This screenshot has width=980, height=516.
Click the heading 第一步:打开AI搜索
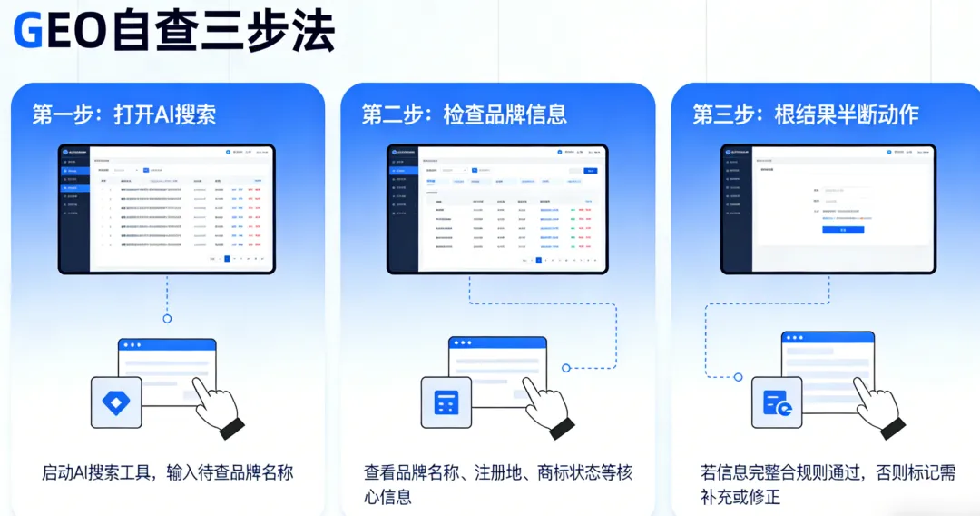[124, 114]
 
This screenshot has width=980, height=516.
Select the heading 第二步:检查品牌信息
[464, 114]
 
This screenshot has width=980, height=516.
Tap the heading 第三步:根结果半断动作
[806, 114]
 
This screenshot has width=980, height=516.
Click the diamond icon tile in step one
[116, 402]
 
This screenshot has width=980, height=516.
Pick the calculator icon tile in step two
[446, 402]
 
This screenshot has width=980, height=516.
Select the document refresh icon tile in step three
[777, 402]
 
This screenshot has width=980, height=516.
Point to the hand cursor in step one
[217, 403]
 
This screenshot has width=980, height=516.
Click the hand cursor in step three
[877, 403]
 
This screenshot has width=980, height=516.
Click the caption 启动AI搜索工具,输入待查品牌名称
[168, 473]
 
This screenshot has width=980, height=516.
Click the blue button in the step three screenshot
[842, 230]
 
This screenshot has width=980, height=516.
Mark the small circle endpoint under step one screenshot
[167, 319]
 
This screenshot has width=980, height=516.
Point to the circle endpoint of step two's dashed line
[566, 368]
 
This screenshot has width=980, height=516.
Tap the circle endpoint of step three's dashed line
[739, 376]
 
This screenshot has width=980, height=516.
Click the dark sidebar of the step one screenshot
[74, 209]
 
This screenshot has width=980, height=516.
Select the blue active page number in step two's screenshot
[538, 260]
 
